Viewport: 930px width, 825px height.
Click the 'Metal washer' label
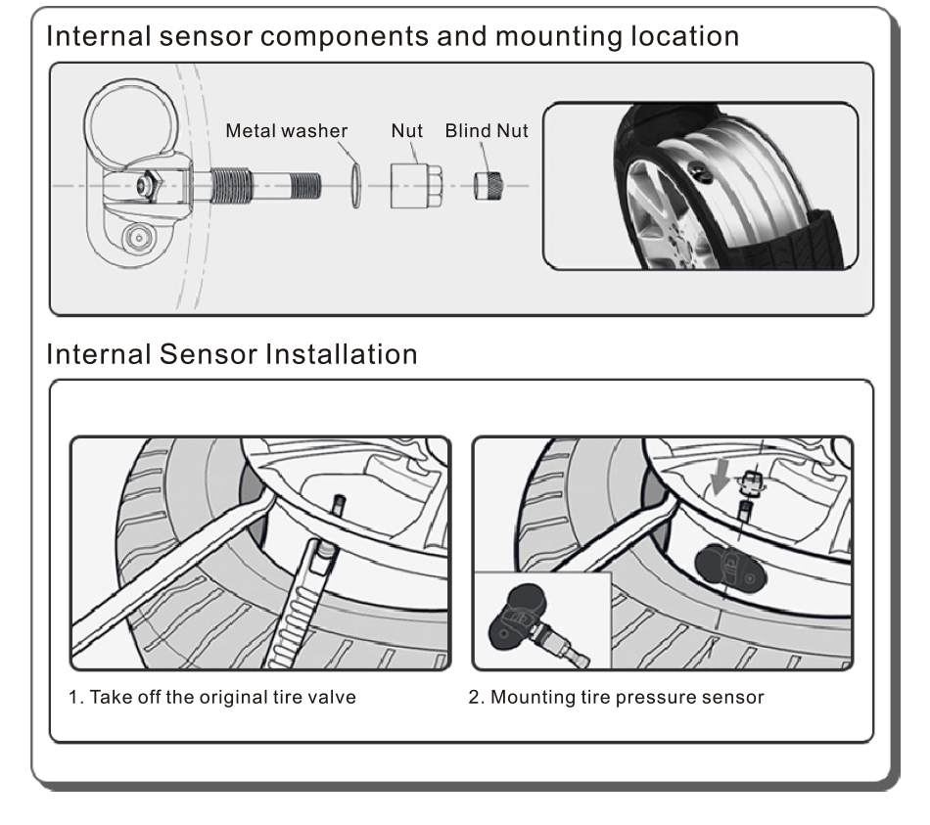287,131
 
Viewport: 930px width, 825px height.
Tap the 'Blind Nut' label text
487,131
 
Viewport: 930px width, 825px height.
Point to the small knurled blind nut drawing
488,185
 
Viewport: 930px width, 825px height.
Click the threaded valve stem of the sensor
264,184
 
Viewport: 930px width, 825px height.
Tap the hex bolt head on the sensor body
148,184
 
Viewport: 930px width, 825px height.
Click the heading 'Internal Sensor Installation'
232,353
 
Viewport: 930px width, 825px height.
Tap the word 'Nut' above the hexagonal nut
407,131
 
